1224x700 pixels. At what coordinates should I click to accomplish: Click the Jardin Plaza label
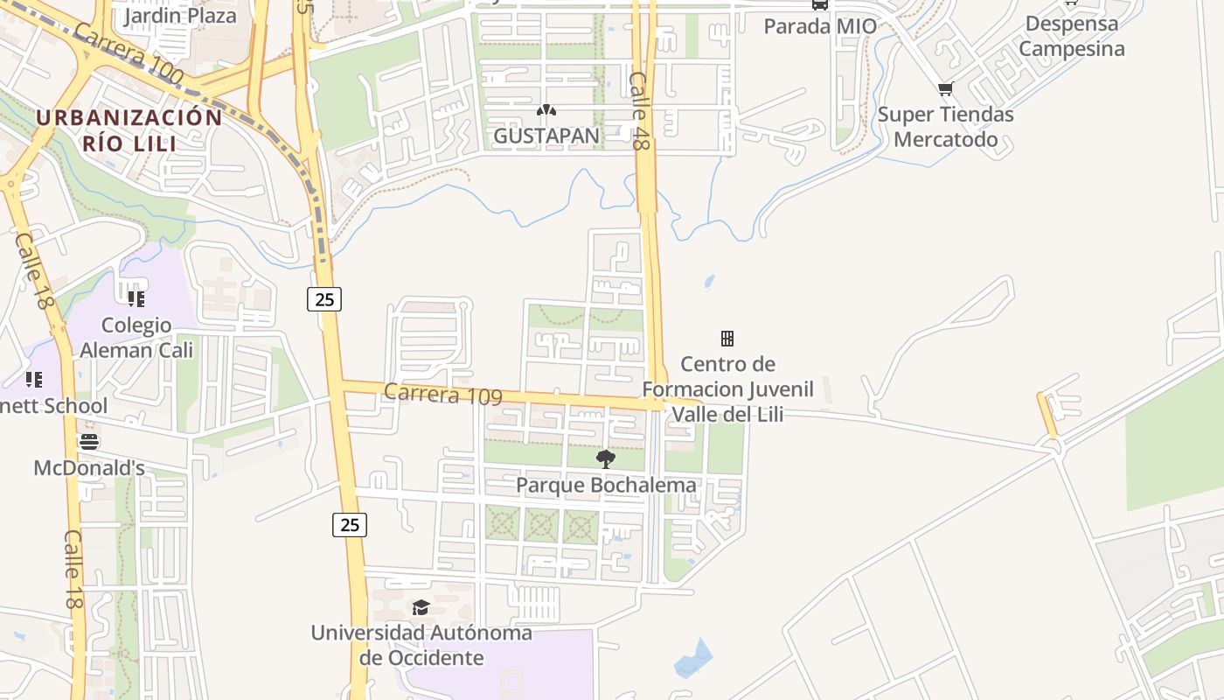point(181,16)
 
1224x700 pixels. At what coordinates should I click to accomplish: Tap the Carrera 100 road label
point(128,55)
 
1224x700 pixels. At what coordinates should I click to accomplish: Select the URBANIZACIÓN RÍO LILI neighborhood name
point(129,130)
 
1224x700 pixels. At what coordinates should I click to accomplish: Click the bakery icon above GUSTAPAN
point(546,111)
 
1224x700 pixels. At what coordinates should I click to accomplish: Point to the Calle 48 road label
point(639,110)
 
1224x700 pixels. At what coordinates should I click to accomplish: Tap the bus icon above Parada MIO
point(819,4)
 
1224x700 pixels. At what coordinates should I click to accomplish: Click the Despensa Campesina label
point(1071,36)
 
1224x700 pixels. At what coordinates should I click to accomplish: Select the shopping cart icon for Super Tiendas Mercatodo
point(945,89)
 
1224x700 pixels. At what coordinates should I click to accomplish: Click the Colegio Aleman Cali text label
point(136,338)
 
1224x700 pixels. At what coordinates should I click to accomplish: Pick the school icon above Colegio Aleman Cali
point(136,298)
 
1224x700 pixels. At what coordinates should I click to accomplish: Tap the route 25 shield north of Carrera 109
point(324,299)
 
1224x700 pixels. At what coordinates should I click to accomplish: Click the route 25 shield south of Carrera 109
point(349,525)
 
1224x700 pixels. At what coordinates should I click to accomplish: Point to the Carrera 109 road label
point(443,395)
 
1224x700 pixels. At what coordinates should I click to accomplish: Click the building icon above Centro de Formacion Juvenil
point(727,339)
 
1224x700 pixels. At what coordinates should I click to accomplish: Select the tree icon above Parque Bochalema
point(605,458)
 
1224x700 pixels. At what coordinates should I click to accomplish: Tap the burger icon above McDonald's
point(89,442)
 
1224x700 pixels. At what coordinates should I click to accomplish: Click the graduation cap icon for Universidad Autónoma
point(421,607)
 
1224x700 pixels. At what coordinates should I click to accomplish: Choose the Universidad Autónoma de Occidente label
point(421,645)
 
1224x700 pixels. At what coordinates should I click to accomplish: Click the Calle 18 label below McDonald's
point(73,569)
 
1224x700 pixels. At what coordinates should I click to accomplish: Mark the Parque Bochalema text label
point(606,485)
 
